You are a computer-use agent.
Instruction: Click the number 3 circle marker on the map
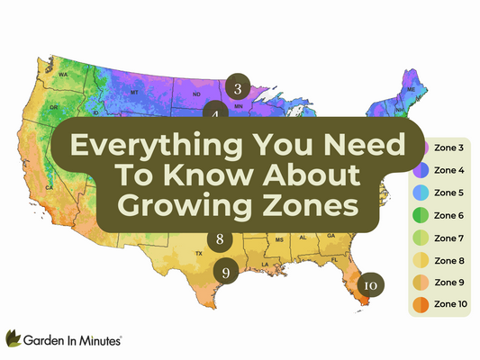[237, 87]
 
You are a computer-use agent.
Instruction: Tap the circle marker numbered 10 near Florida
[371, 284]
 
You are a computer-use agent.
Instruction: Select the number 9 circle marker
[226, 271]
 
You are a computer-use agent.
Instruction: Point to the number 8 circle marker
[221, 239]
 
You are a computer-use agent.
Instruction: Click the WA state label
[64, 74]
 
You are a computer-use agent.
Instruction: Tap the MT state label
[133, 92]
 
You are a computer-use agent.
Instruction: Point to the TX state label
[199, 254]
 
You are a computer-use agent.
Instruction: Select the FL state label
[334, 259]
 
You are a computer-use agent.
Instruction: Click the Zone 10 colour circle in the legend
[421, 305]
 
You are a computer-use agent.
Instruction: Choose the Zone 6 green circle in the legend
[421, 215]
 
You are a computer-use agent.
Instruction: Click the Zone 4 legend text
[450, 169]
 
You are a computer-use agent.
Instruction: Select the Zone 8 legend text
[450, 260]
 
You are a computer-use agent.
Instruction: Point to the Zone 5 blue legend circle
[421, 193]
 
